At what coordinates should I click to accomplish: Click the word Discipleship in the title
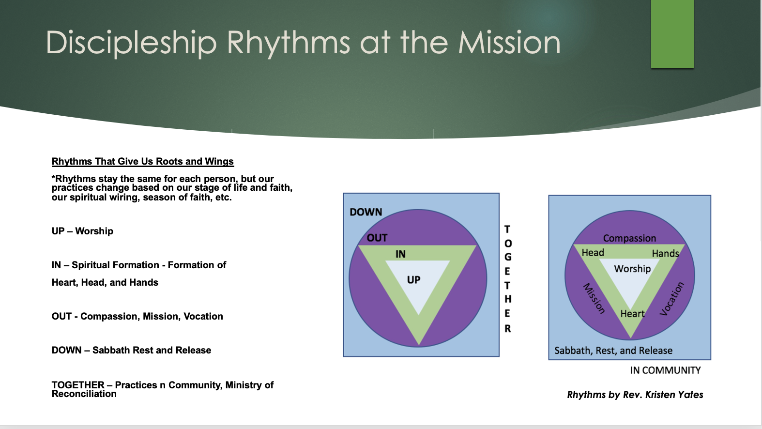click(131, 43)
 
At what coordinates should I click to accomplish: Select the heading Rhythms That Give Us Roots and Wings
click(143, 162)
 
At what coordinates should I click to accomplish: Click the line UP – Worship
click(82, 231)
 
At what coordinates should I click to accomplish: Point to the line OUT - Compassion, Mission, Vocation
click(137, 317)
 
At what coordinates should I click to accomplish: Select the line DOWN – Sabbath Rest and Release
click(131, 351)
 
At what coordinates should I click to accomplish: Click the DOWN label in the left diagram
click(366, 212)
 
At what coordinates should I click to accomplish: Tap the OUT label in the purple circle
click(377, 238)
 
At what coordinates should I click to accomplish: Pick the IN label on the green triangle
click(400, 254)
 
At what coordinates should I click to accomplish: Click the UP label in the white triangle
click(413, 280)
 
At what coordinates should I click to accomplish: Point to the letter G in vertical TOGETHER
click(508, 257)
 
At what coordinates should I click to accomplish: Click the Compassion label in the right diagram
click(629, 238)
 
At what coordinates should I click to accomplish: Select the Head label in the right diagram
click(593, 253)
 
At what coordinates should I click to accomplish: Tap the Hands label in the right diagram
click(665, 253)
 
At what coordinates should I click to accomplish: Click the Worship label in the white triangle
click(632, 269)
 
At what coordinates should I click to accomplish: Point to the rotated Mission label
click(594, 298)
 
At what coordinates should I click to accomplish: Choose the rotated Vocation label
click(672, 299)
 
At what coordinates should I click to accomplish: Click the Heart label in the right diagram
click(632, 314)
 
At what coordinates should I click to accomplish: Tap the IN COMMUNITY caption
click(665, 370)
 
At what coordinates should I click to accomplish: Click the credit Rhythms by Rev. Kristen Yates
click(635, 395)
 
